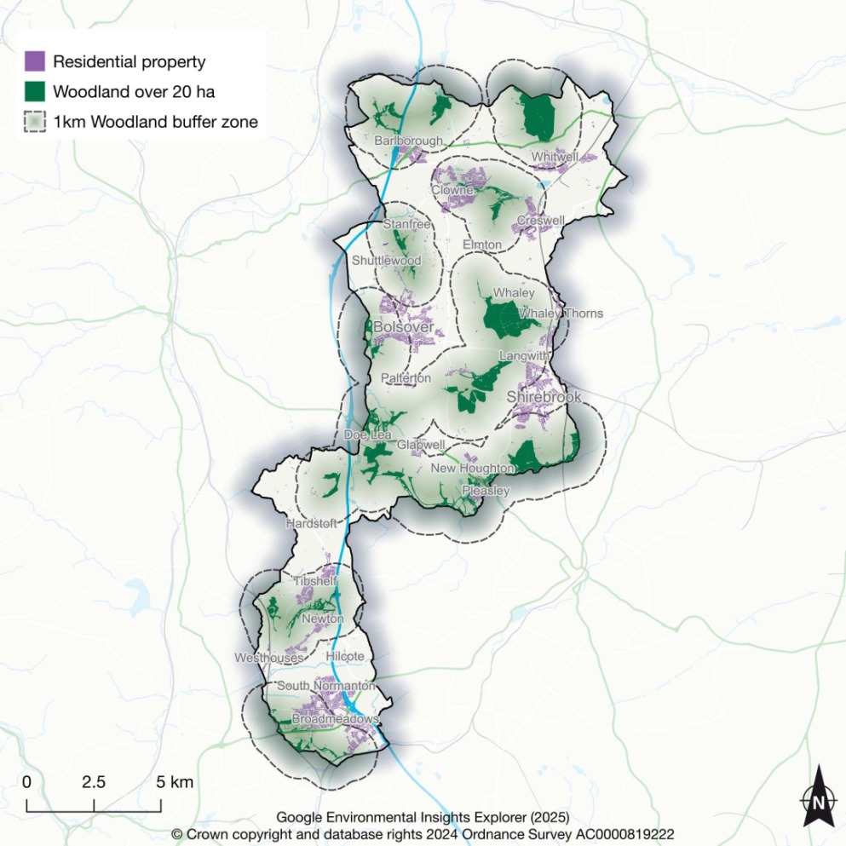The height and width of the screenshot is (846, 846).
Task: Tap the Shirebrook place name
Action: pos(544,397)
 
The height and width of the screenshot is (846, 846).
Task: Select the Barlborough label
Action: pos(409,141)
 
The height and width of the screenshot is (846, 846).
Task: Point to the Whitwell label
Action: pos(554,157)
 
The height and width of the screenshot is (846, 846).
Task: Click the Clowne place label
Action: pos(452,190)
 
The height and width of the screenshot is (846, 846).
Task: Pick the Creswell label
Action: pos(540,221)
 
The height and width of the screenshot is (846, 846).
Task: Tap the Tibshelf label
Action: pos(315,581)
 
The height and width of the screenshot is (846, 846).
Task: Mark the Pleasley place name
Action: pos(486,491)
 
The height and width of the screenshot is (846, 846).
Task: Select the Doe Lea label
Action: pos(361,435)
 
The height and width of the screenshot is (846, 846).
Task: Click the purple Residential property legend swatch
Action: pos(35,61)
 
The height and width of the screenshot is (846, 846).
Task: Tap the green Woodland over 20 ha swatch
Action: pos(35,91)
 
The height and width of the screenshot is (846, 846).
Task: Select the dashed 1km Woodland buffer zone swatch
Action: pos(35,122)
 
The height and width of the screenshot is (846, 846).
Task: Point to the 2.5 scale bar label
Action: pos(94,782)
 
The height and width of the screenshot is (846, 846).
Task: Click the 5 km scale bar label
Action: pos(176,782)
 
